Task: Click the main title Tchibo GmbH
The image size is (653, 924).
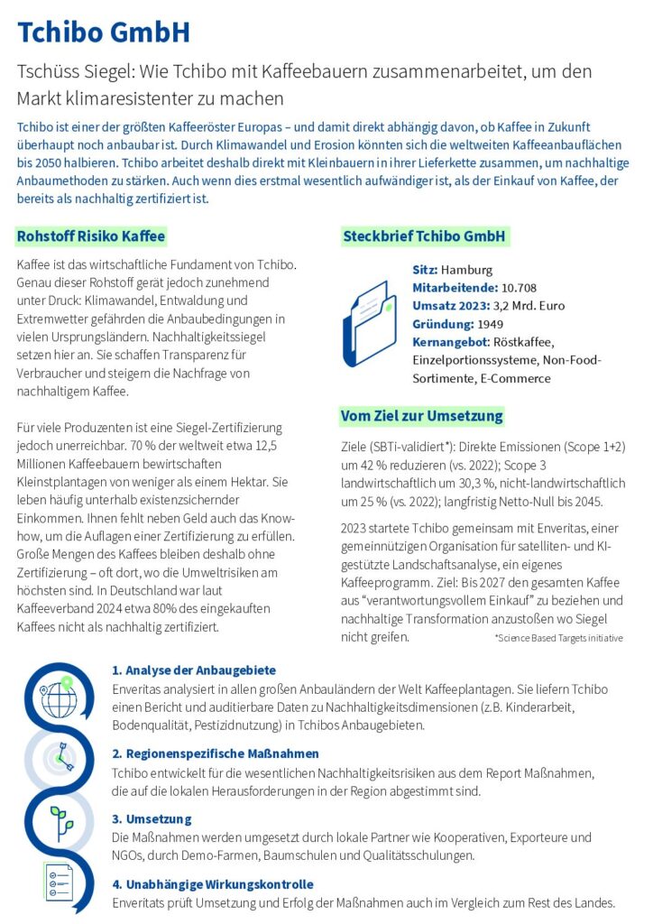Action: pos(104,33)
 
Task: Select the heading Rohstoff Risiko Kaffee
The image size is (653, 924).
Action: pos(91,237)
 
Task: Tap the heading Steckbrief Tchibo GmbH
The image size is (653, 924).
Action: pos(426,237)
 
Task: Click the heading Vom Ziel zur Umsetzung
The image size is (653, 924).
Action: pos(421,416)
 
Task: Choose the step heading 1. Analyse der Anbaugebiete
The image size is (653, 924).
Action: pos(194,670)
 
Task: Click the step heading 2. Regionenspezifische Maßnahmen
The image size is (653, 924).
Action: pos(216,753)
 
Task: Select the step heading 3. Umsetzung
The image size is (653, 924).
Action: pos(152,819)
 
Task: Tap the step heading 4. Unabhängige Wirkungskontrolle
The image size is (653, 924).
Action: pos(213,884)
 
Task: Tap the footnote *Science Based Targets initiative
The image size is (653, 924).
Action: pos(558,638)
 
